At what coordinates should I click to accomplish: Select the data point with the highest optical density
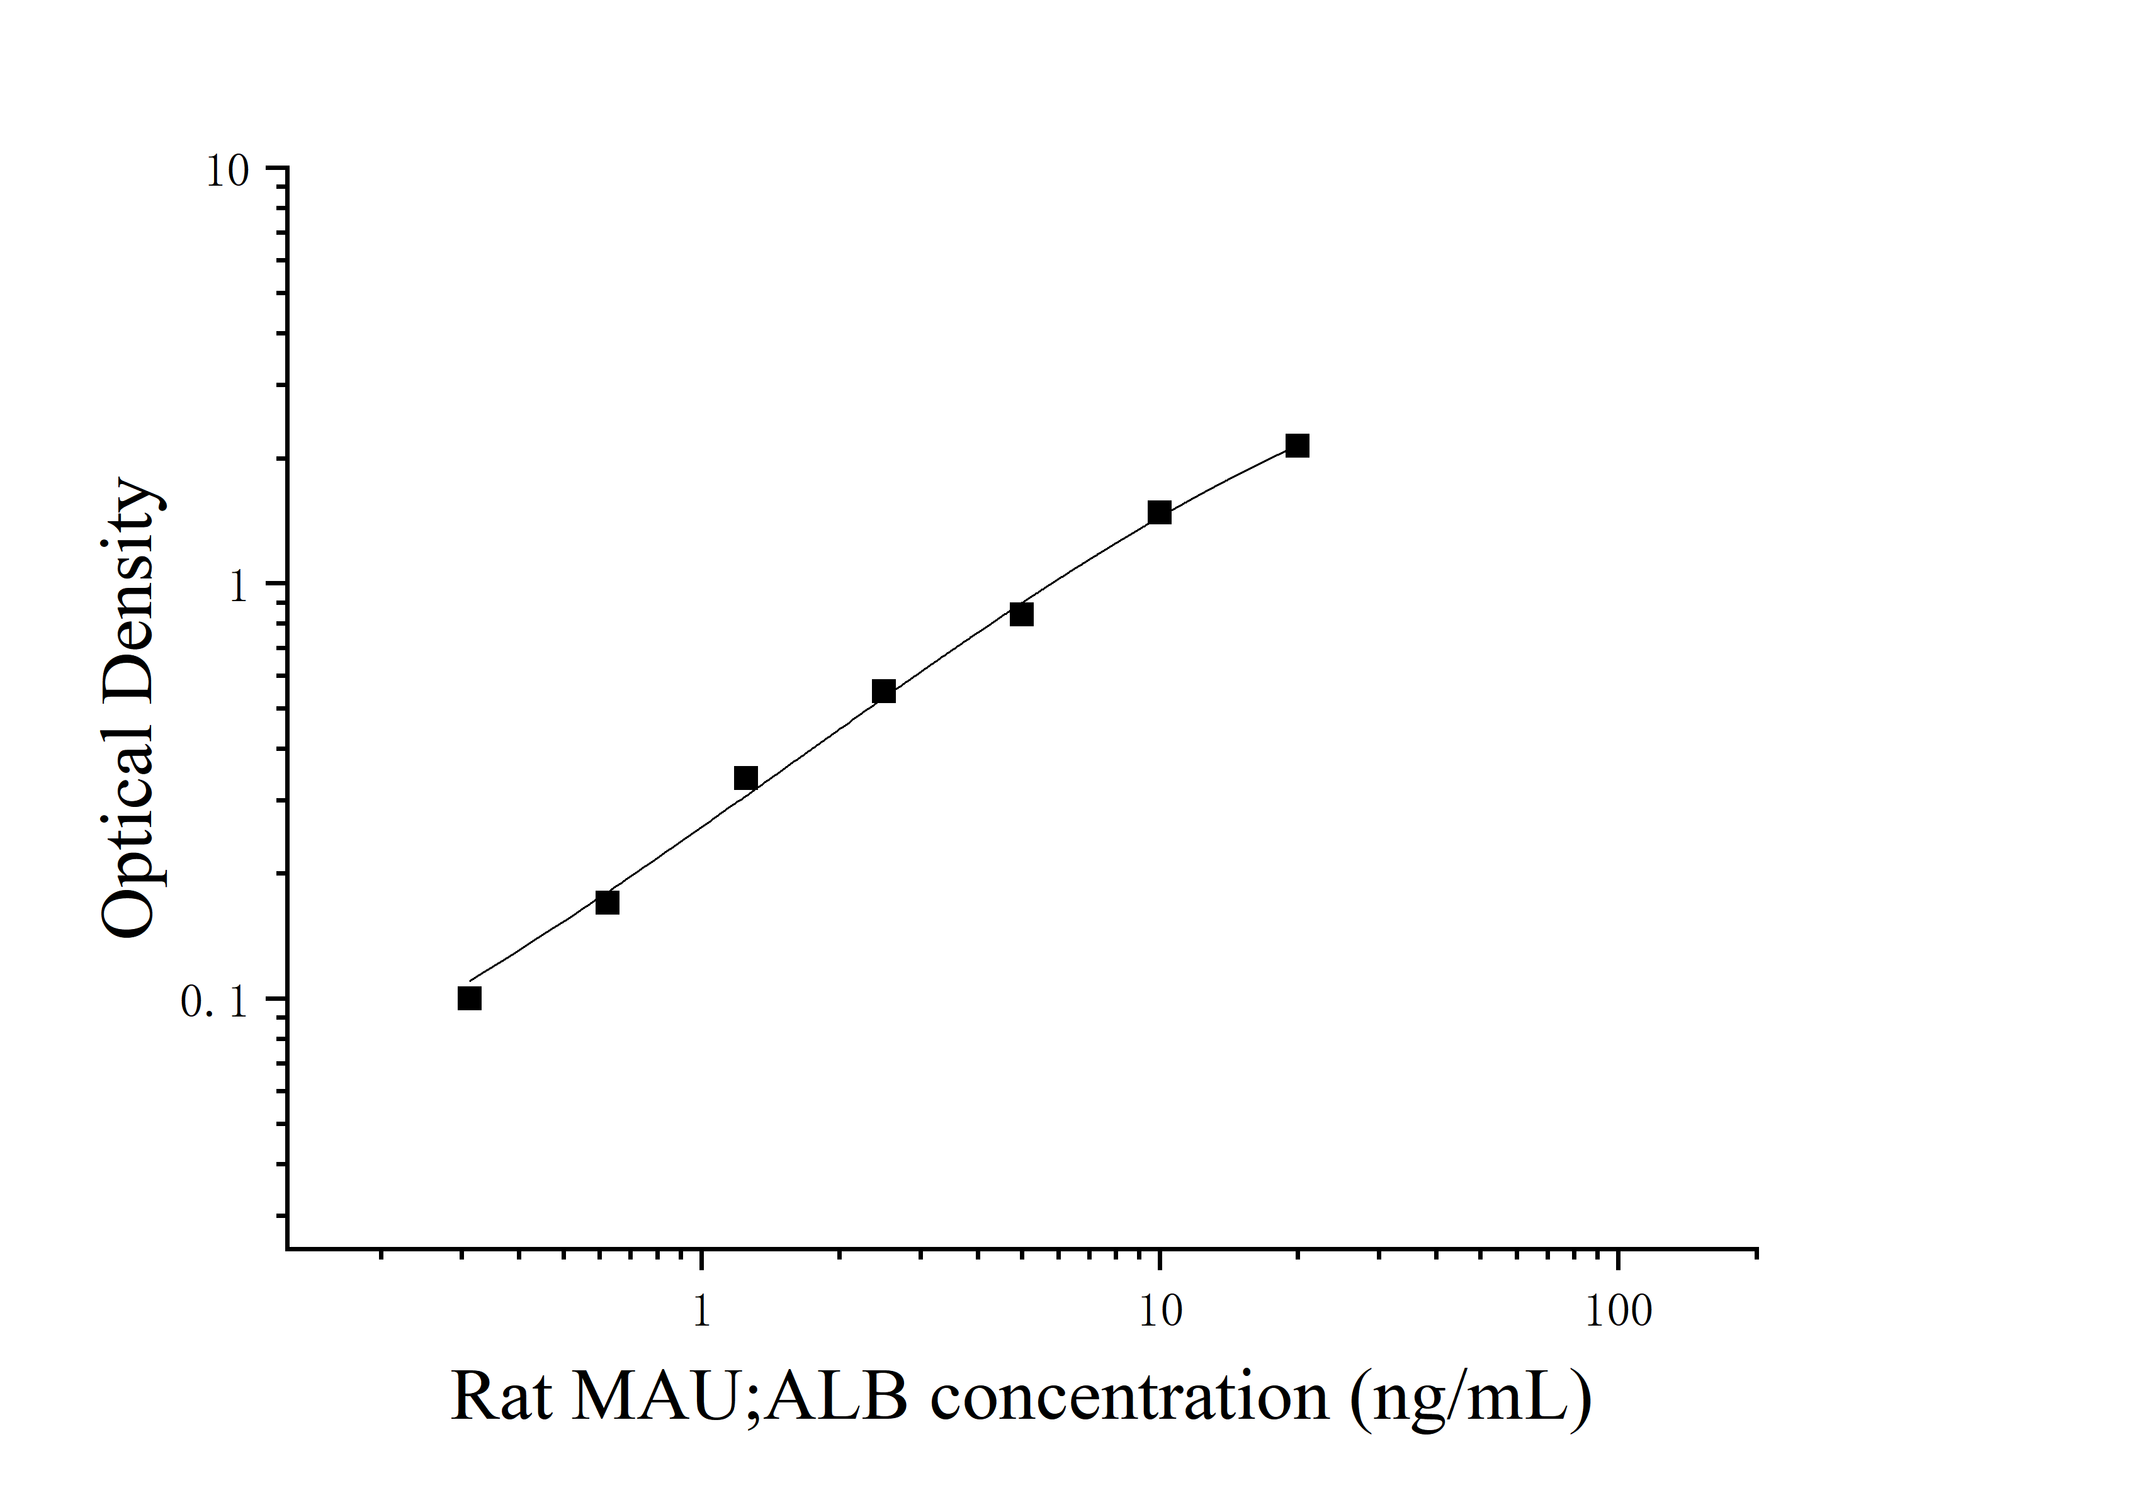pyautogui.click(x=1297, y=446)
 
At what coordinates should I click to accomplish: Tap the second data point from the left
pyautogui.click(x=608, y=903)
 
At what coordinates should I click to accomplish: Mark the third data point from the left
pyautogui.click(x=745, y=778)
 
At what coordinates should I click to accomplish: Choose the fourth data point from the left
pyautogui.click(x=883, y=692)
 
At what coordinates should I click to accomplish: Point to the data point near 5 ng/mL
pyautogui.click(x=1021, y=614)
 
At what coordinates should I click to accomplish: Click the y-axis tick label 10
pyautogui.click(x=227, y=172)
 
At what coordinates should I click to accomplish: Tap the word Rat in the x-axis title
pyautogui.click(x=501, y=1397)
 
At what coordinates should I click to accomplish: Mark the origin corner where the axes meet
pyautogui.click(x=287, y=1249)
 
